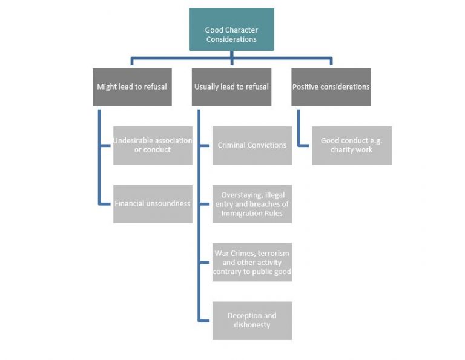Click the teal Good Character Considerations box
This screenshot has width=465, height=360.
click(231, 29)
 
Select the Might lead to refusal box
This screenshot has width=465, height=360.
click(132, 87)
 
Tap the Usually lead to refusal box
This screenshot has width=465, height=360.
click(231, 87)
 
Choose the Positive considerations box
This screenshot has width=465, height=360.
click(331, 87)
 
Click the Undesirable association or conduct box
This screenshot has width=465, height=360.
click(153, 145)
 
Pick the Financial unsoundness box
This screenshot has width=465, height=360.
click(153, 204)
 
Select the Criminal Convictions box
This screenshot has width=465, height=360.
click(252, 145)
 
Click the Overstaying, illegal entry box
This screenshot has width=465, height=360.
click(252, 204)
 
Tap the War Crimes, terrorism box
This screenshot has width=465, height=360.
click(252, 262)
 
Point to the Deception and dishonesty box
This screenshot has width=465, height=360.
click(252, 321)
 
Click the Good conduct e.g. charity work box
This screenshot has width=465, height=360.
click(351, 145)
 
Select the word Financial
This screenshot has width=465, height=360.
click(131, 204)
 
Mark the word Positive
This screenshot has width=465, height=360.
click(307, 87)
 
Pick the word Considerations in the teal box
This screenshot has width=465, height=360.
click(231, 39)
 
